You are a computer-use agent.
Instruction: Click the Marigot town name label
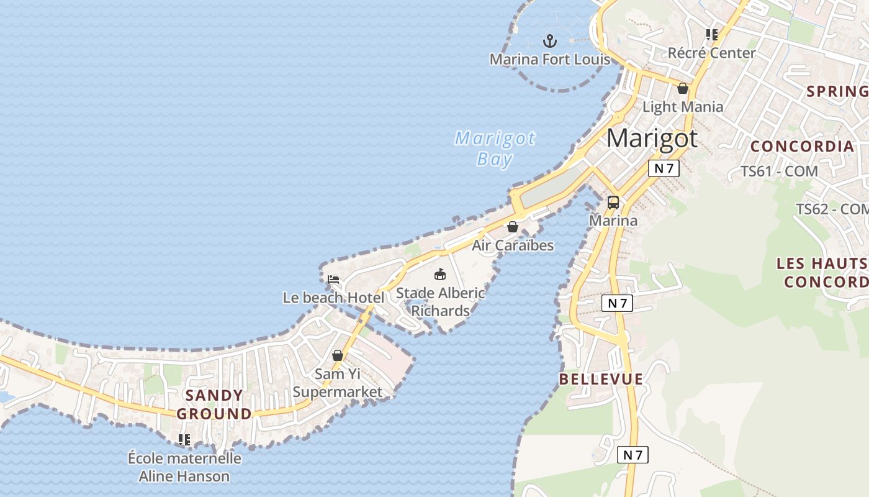coord(652,139)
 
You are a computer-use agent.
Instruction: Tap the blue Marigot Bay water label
coord(495,148)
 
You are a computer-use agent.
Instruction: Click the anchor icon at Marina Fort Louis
coord(549,42)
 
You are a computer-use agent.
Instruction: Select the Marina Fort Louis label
coord(550,60)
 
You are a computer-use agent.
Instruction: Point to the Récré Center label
coord(711,53)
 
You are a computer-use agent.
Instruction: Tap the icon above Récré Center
coord(711,35)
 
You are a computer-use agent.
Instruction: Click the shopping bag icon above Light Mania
coord(683,89)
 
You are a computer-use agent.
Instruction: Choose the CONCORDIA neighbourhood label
coord(802,147)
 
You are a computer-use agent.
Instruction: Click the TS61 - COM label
coord(779,171)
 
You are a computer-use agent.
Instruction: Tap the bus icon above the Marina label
coord(613,203)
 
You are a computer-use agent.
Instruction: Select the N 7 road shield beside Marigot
coord(664,168)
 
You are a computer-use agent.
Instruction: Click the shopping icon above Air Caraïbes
coord(513,227)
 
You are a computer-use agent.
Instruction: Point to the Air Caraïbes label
coord(513,245)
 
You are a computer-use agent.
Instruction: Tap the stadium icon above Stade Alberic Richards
coord(440,274)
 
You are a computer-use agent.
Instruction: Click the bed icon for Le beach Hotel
coord(333,280)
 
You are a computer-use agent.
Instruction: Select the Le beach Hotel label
coord(333,298)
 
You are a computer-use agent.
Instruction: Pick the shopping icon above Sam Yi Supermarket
coord(338,356)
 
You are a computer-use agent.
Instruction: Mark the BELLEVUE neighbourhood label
coord(601,379)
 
